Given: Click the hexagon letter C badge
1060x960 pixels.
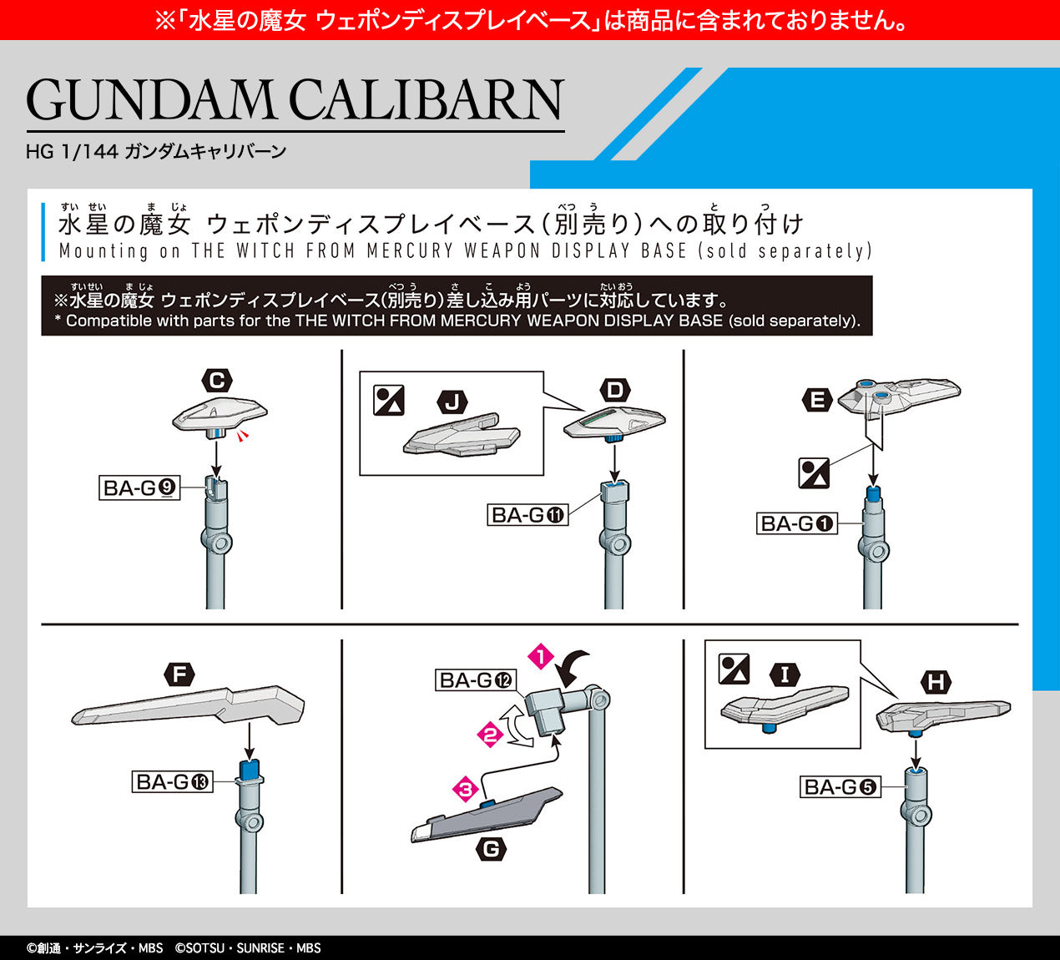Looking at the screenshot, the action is [217, 381].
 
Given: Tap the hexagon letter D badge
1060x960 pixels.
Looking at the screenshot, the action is [615, 391].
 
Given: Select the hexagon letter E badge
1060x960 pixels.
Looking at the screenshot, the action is [817, 400].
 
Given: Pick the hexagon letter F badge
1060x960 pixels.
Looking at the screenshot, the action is [179, 675].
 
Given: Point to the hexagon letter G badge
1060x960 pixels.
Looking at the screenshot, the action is [491, 850].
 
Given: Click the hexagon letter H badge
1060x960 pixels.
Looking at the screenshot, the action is [936, 683].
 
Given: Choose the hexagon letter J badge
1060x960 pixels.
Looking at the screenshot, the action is [452, 402].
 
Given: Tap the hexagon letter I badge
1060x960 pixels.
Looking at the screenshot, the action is [785, 675].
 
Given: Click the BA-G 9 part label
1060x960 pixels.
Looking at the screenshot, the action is [139, 488].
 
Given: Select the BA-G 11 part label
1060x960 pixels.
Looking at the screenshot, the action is [527, 515].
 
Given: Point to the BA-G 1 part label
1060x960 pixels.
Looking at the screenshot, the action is [797, 523].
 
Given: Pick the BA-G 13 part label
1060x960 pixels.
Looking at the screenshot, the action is [172, 781].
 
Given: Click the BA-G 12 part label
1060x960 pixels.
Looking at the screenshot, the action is [476, 680].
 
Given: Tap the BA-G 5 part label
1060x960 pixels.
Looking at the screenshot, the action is [840, 786].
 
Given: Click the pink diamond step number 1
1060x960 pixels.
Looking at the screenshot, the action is [541, 657].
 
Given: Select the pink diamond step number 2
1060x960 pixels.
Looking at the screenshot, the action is [490, 735].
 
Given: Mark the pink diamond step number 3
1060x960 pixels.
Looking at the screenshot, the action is [466, 790].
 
